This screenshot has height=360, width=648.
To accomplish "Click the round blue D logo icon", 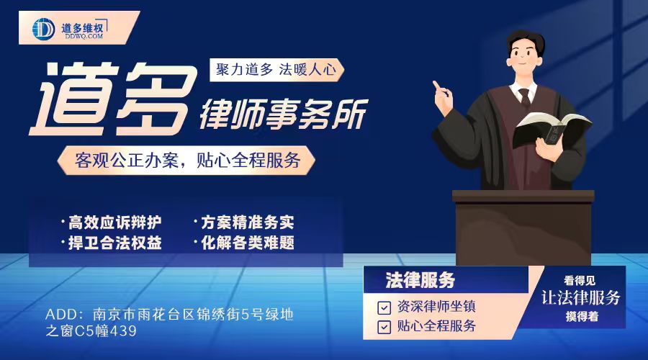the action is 43,29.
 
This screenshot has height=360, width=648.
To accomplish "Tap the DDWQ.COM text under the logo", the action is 84,37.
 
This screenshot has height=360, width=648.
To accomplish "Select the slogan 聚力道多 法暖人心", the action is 276,69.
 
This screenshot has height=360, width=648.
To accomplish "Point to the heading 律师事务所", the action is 284,113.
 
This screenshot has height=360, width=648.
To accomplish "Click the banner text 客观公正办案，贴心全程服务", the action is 187,161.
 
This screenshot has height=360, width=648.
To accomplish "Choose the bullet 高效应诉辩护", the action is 114,222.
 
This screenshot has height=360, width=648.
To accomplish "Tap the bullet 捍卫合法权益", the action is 114,243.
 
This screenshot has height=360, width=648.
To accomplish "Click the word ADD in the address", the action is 60,315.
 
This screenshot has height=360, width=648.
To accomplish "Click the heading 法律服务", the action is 420,280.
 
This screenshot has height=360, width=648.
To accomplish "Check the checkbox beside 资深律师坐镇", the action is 384,307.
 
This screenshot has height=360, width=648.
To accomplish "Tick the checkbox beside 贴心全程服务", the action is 384,327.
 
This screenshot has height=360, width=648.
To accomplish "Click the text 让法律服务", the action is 580,297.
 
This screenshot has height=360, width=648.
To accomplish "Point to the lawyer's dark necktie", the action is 524,97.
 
